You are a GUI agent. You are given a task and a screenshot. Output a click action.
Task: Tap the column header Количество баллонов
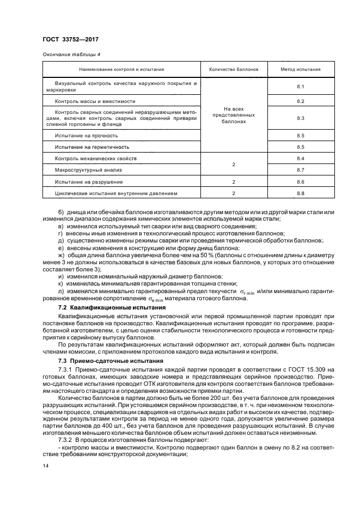234,70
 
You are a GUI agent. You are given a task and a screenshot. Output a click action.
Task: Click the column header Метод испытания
300,70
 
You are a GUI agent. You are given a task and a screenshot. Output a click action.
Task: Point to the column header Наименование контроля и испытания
121,70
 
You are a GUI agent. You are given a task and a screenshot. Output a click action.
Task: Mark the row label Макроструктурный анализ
82,170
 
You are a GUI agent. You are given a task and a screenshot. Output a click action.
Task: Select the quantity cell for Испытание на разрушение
234,181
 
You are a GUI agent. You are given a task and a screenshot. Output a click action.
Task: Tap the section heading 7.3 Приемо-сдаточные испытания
99,361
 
